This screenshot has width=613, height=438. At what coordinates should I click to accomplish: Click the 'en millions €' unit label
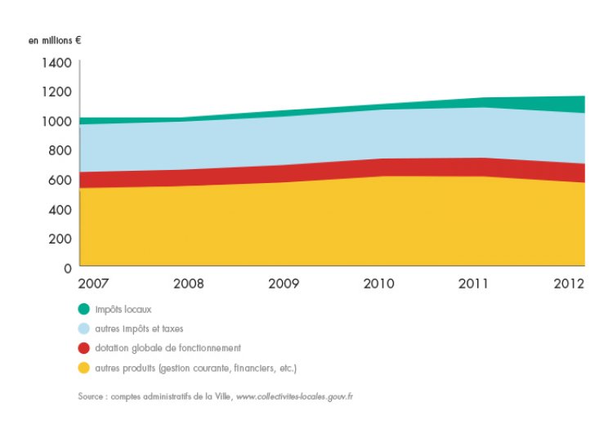coord(55,39)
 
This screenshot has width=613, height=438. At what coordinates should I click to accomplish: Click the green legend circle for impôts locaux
coord(84,309)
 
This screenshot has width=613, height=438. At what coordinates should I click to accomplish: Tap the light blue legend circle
coord(84,328)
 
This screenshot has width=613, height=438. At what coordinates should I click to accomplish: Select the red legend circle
coord(84,347)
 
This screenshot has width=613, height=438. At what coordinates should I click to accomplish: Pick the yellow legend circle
coord(84,367)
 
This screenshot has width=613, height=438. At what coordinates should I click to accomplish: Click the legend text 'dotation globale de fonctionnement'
coord(168,347)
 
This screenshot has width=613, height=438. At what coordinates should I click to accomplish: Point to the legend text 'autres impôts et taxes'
coord(139,328)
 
